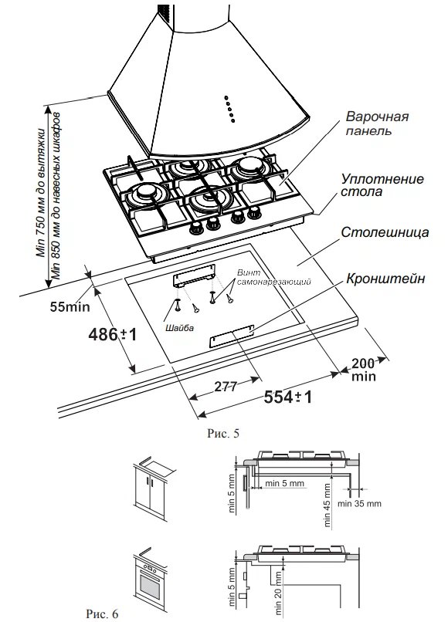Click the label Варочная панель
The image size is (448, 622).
click(376, 123)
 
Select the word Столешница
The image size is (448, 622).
click(385, 232)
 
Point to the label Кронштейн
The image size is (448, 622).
click(385, 279)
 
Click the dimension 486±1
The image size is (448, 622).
click(113, 335)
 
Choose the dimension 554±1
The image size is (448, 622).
click(288, 397)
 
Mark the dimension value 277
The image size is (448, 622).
click(226, 387)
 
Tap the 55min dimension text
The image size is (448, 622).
click(70, 306)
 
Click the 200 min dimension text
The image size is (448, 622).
click(363, 370)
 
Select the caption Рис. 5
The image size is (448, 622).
click(223, 434)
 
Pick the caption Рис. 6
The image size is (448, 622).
click(102, 614)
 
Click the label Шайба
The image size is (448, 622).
click(180, 328)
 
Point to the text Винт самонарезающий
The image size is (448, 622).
click(273, 277)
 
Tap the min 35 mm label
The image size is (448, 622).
click(359, 504)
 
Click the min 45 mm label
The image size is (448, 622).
click(327, 505)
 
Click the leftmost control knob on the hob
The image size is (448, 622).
click(195, 228)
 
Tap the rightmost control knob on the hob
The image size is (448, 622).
click(253, 215)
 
